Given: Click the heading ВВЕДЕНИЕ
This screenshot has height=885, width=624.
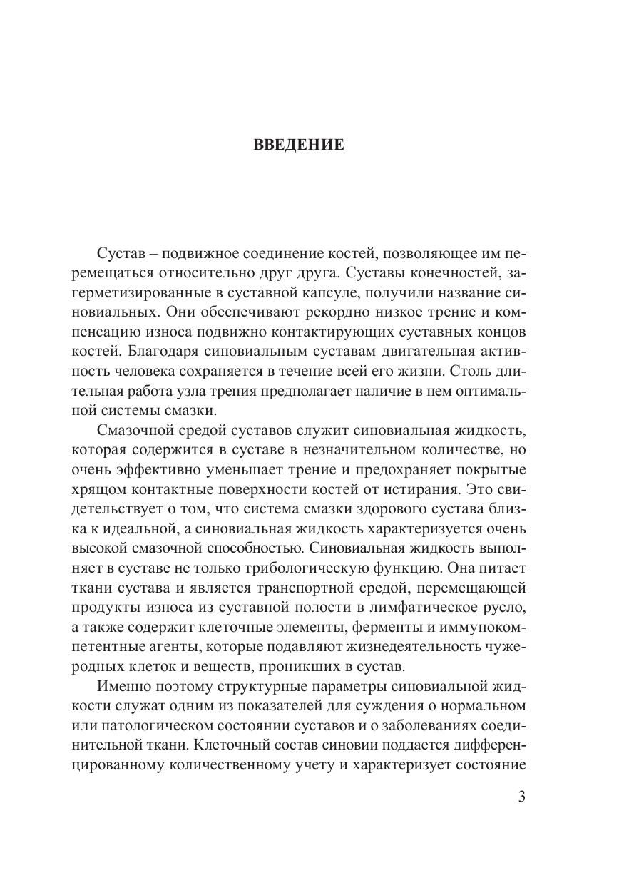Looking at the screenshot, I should click(x=299, y=145).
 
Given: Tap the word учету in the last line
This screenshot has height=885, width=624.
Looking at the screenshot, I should click(x=324, y=763).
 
